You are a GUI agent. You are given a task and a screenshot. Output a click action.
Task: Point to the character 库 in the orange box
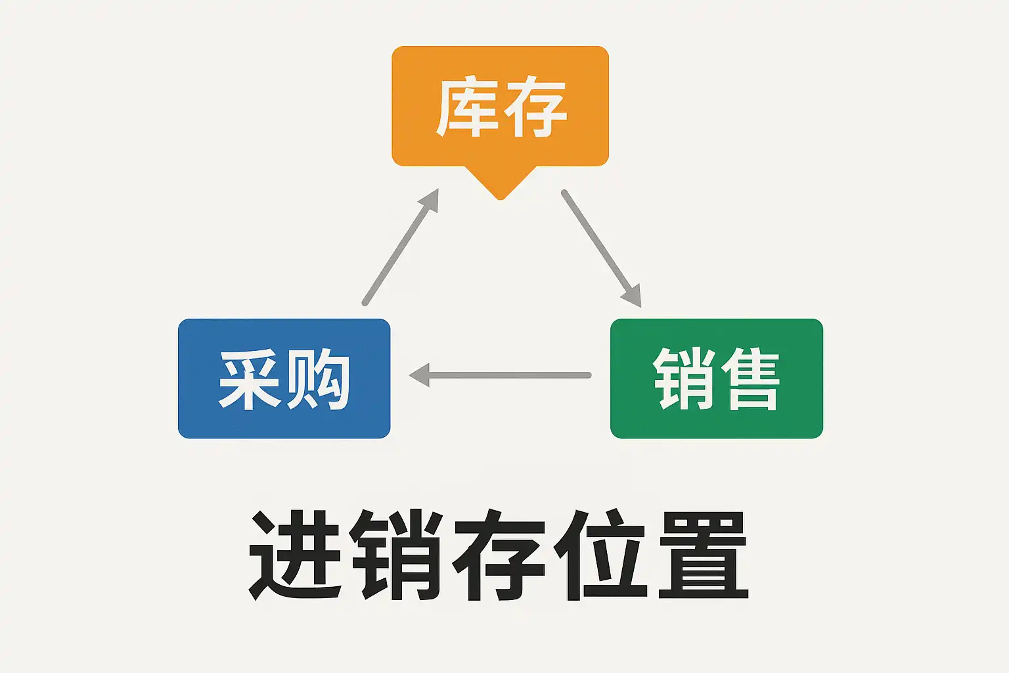tap(466, 107)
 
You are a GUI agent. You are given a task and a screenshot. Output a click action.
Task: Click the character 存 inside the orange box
tap(534, 107)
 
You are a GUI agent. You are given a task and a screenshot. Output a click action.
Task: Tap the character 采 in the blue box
tap(250, 380)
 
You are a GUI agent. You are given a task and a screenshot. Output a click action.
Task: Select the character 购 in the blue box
tap(318, 380)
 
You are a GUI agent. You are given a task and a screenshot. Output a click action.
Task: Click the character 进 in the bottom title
tap(294, 555)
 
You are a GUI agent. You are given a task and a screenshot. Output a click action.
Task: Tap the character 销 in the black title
tap(396, 555)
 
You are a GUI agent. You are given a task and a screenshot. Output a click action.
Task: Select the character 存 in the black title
tap(499, 555)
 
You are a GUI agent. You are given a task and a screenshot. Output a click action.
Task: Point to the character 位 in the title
tap(600, 555)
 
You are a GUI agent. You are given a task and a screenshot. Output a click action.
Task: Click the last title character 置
tap(703, 555)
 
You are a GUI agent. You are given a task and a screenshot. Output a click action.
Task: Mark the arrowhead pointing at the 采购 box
tap(418, 375)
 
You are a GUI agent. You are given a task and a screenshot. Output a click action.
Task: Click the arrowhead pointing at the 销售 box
tap(633, 297)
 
